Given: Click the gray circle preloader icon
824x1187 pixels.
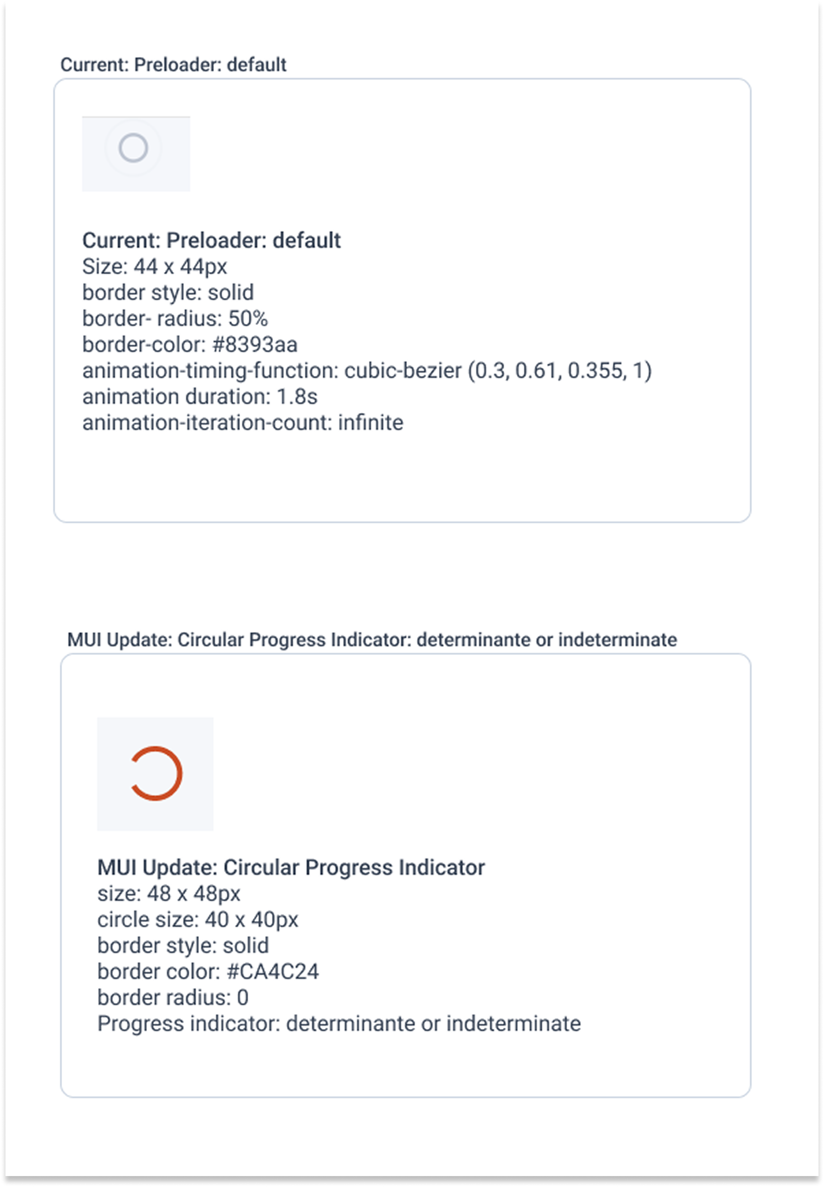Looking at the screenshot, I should point(133,148).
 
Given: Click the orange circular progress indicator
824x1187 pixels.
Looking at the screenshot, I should point(156,773).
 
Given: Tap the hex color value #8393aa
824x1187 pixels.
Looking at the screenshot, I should point(255,345).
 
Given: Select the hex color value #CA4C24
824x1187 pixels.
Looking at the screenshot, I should point(272,971).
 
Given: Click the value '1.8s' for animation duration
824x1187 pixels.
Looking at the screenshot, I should point(297,397).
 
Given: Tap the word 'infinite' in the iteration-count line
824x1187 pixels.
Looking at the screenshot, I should point(370,422).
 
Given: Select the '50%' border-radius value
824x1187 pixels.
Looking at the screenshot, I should point(248,319).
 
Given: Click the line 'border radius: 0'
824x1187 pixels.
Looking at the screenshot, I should point(173,997).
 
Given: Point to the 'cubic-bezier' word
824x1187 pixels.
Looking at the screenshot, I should point(403,371).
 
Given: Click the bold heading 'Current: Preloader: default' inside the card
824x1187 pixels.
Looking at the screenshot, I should point(211,241).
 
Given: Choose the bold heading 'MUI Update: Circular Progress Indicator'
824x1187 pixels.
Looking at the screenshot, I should point(291,868).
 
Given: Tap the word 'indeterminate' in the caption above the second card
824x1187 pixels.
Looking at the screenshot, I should point(617,640).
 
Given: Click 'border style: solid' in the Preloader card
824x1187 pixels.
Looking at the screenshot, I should point(168,293).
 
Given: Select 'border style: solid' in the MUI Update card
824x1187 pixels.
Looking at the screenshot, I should point(183,946).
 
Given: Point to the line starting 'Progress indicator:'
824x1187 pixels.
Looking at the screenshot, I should point(339,1023).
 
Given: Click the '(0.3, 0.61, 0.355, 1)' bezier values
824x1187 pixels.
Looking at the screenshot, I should point(560,371).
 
